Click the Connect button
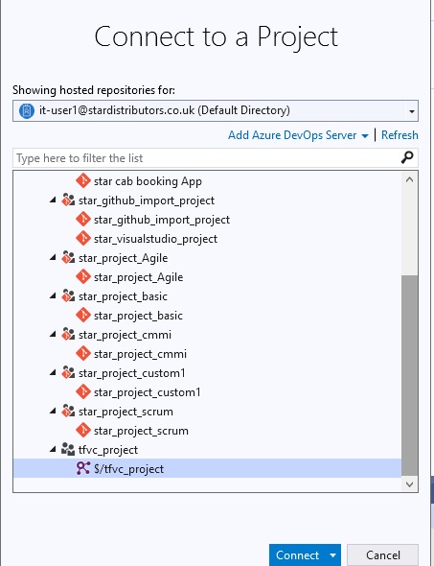point(297,554)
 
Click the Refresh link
point(400,135)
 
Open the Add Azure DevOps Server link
point(292,135)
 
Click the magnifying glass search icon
point(407,157)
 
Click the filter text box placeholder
point(80,158)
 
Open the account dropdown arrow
point(412,111)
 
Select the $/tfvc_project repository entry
point(128,469)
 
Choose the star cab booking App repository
point(148,181)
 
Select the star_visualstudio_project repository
point(155,239)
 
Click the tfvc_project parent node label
point(108,450)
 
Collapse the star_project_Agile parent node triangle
point(53,257)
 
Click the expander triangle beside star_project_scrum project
point(53,411)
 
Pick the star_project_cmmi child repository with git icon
point(140,354)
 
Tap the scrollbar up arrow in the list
point(409,179)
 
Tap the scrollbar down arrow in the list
point(409,484)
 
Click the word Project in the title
point(297,37)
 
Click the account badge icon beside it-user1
point(26,111)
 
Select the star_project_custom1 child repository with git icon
point(148,392)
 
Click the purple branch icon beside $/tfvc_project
point(83,468)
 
